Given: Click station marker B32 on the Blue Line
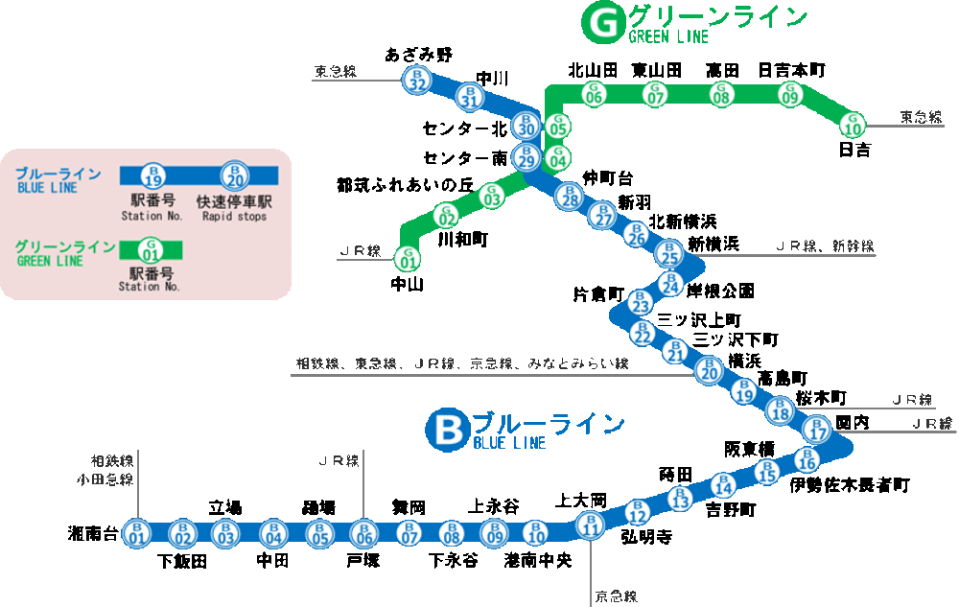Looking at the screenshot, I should click(415, 80).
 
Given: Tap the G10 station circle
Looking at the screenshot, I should click(853, 125).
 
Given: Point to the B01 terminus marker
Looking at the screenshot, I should click(136, 532).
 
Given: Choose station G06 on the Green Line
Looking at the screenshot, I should click(594, 94).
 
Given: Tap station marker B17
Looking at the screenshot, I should click(817, 429).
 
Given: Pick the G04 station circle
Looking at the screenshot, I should click(557, 156).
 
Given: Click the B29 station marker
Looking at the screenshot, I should click(526, 157).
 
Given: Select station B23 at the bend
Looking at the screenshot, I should click(641, 302).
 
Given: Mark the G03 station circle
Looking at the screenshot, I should click(492, 197).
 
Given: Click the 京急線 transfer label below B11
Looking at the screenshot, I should click(616, 596).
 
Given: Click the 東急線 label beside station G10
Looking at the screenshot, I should click(922, 117).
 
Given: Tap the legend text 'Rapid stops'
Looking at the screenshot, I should click(235, 217).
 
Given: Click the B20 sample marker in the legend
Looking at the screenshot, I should click(234, 175).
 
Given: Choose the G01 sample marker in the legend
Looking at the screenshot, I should click(150, 250).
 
